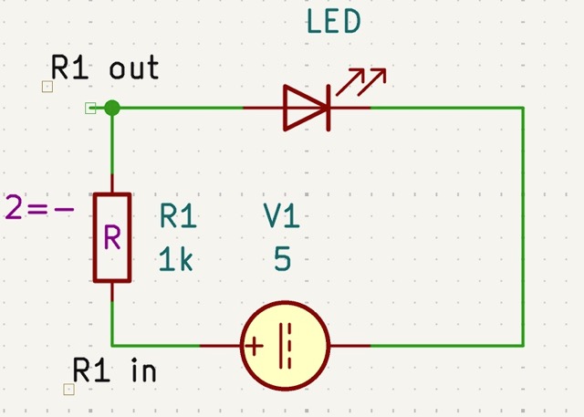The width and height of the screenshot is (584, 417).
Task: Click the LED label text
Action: click(x=333, y=23)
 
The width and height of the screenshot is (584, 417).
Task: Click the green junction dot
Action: click(x=112, y=108)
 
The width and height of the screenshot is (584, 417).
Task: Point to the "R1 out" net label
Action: click(x=105, y=68)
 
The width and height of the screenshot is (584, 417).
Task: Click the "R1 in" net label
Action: click(x=114, y=370)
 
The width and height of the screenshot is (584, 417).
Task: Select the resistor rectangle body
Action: click(x=112, y=236)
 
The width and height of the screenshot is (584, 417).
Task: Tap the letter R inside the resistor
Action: click(x=112, y=238)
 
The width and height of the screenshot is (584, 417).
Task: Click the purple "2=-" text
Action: click(x=39, y=209)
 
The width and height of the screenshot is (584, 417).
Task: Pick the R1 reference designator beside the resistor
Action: click(x=178, y=216)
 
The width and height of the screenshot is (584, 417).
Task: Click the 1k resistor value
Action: click(x=176, y=260)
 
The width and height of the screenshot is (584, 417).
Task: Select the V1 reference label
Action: click(x=282, y=216)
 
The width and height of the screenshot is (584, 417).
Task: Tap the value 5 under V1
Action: click(x=282, y=260)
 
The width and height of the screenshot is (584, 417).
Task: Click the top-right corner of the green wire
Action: click(x=524, y=108)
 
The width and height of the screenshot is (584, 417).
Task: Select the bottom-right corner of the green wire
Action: click(x=524, y=346)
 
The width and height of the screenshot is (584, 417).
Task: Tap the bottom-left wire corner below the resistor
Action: click(x=112, y=346)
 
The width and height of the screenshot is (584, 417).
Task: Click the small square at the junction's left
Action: click(x=90, y=109)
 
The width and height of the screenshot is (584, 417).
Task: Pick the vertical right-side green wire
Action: click(x=524, y=228)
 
